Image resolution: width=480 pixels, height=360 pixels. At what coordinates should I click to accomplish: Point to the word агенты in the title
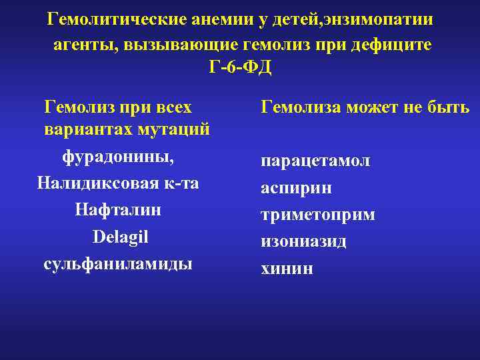point(83,45)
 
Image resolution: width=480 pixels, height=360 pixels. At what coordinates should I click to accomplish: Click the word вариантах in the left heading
point(88,128)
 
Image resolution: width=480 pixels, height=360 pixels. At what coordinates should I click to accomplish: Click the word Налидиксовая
point(89,183)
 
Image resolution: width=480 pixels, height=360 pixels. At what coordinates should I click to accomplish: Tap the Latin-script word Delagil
point(121,236)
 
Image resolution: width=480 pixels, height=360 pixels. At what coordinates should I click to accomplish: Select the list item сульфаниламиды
point(118,263)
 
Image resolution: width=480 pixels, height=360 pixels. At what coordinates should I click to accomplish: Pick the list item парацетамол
point(316,162)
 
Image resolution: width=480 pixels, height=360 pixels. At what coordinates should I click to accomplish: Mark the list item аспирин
point(297,189)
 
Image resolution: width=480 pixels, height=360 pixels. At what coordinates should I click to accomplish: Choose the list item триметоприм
point(318,215)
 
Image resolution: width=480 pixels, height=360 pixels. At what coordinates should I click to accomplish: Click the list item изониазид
point(303,241)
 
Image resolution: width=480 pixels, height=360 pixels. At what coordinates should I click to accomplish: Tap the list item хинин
point(287,268)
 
